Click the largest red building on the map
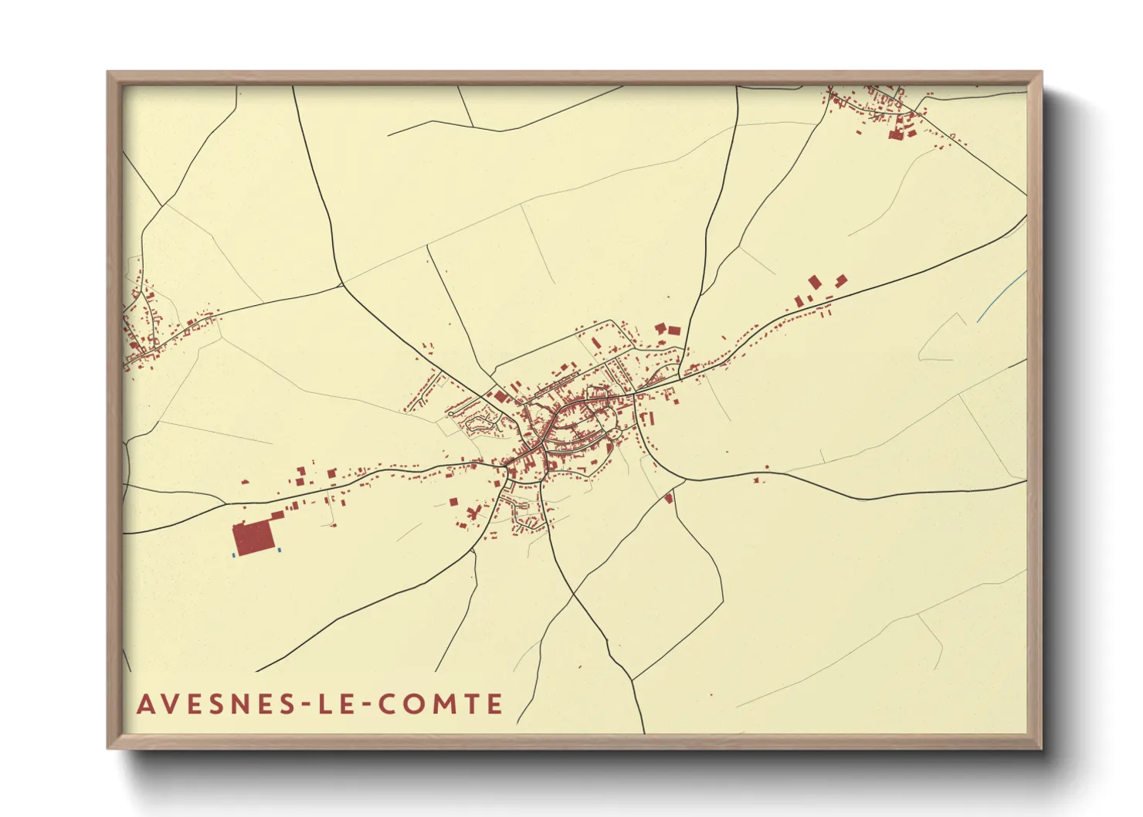(254, 537)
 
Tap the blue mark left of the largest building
(233, 554)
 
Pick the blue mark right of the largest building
(279, 550)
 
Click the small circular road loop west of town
(450, 415)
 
